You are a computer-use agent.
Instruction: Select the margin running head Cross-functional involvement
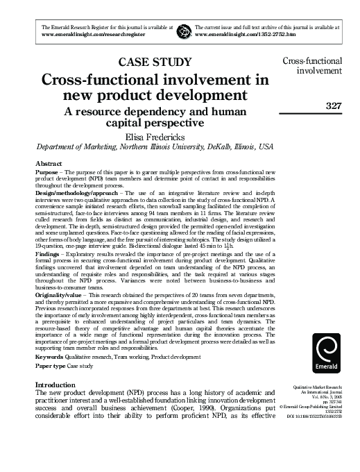coord(316,66)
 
